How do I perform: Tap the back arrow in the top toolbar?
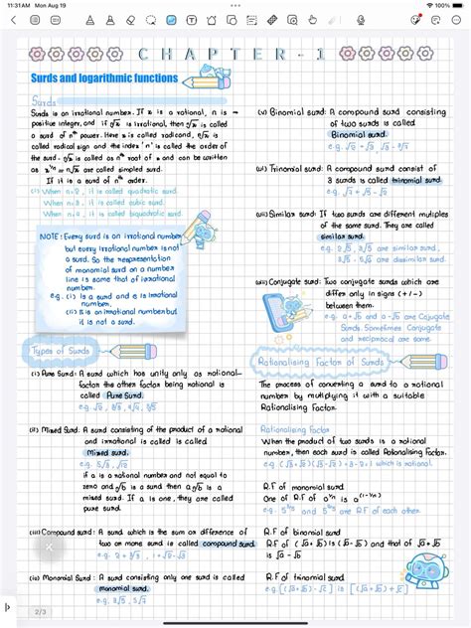pos(12,19)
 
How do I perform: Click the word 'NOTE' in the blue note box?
pos(49,236)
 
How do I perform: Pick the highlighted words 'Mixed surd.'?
pos(108,452)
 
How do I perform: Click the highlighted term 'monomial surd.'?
pos(121,588)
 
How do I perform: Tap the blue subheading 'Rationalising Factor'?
pos(288,430)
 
